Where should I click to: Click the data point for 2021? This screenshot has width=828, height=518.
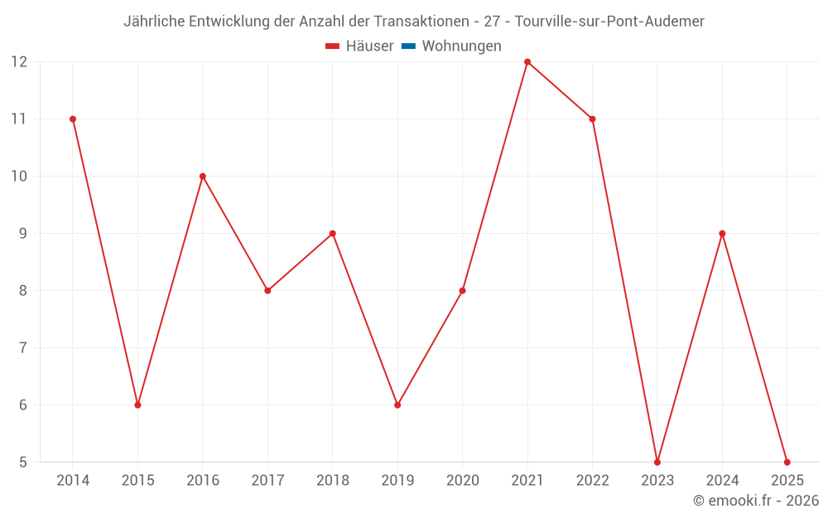click(527, 62)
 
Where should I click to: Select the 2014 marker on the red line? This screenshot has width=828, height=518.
click(73, 119)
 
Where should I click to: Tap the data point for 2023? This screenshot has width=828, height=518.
click(657, 462)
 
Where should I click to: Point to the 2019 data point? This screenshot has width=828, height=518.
click(397, 405)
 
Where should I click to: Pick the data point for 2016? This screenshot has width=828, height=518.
click(203, 177)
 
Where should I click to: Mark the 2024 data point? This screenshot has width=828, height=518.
click(722, 234)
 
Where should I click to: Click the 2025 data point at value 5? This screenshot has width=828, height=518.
click(787, 462)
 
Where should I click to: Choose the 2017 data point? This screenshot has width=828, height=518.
click(267, 291)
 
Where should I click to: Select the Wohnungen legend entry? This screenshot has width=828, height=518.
click(461, 46)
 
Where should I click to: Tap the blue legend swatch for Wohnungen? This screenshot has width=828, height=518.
click(408, 46)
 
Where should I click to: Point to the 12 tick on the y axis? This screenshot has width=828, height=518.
click(19, 62)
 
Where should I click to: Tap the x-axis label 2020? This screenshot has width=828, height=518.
click(462, 481)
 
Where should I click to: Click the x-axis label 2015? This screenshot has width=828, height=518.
click(137, 481)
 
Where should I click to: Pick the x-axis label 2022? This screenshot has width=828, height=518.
click(592, 481)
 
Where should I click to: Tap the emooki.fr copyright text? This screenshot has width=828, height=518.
click(756, 501)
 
